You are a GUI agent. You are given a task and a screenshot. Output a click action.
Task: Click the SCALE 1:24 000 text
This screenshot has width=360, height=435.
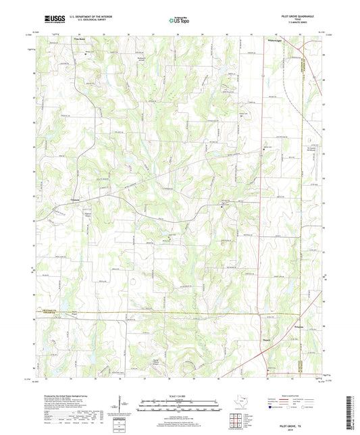pos(180,396)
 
